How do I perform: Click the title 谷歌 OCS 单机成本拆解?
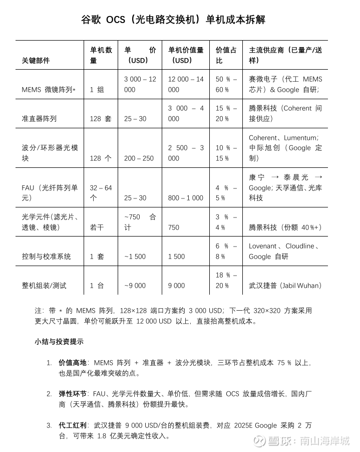(173, 20)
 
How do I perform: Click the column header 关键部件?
(36, 61)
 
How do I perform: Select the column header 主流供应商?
(285, 55)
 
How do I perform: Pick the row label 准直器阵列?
(39, 119)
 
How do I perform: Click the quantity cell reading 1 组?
(97, 90)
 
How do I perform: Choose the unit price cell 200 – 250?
(139, 158)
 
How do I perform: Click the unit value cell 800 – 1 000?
(185, 198)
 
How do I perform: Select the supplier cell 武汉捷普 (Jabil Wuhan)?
(285, 286)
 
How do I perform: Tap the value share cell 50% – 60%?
(226, 84)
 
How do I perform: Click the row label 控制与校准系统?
(47, 257)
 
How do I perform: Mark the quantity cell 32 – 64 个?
(101, 193)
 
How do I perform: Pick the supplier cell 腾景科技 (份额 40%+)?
(285, 227)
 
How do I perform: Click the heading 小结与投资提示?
(59, 342)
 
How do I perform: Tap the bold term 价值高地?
(73, 362)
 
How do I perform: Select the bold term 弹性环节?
(73, 394)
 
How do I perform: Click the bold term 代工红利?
(73, 425)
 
